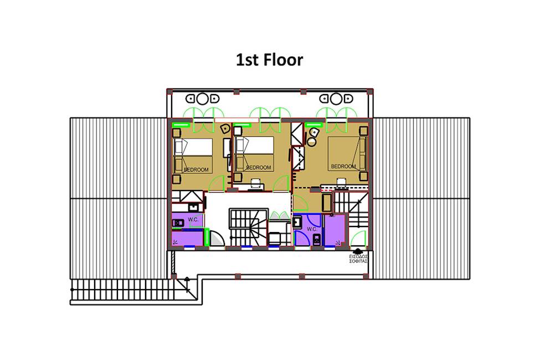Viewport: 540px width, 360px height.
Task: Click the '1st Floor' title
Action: (269, 60)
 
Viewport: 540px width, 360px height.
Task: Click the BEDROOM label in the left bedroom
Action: (196, 170)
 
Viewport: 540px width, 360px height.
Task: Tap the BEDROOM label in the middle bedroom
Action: (259, 167)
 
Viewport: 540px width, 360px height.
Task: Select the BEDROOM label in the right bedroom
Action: (343, 166)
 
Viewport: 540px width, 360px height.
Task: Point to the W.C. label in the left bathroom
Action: (193, 219)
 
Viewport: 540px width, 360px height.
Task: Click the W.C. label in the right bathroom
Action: (312, 229)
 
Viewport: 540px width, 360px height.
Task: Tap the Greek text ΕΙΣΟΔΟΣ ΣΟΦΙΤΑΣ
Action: (358, 259)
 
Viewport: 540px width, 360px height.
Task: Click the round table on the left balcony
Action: (203, 99)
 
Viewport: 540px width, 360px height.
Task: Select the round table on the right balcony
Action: (336, 99)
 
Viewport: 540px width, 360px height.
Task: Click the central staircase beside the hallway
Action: (248, 227)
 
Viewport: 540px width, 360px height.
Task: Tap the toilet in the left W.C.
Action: (178, 223)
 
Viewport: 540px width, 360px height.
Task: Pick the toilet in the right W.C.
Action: (316, 239)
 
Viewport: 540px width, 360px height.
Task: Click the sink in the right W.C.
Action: (297, 222)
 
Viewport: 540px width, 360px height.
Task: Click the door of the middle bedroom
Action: (281, 184)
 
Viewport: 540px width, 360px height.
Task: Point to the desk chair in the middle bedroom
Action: (255, 184)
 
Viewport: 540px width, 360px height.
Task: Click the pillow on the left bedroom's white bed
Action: (180, 147)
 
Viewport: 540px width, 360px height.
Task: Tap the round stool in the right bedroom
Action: (312, 142)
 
